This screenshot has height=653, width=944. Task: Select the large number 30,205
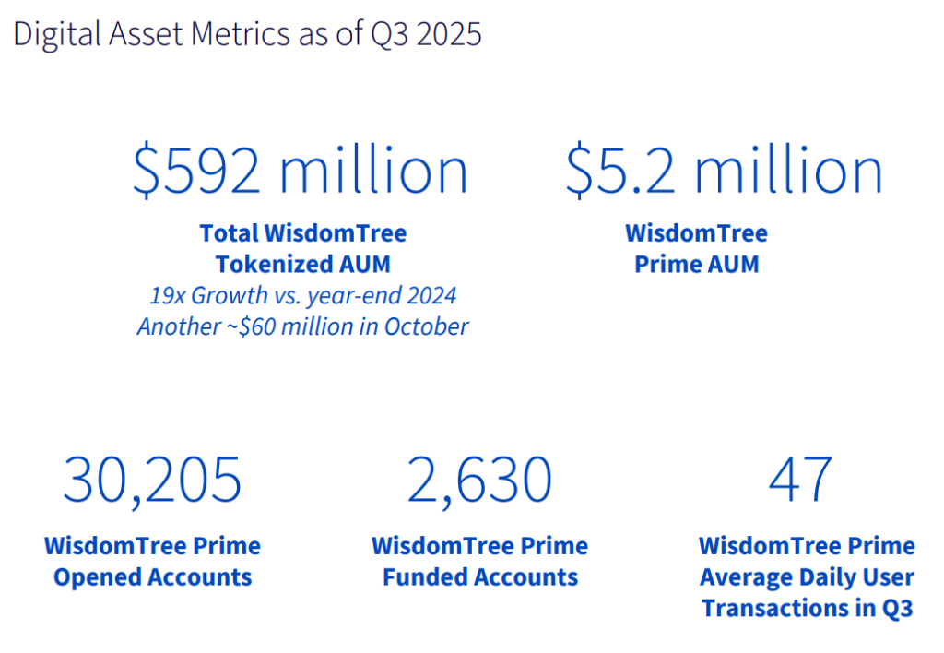pyautogui.click(x=152, y=478)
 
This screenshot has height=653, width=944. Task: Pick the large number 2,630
pyautogui.click(x=479, y=478)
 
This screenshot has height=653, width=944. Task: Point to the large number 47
pyautogui.click(x=800, y=478)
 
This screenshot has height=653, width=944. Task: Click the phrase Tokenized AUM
pyautogui.click(x=302, y=265)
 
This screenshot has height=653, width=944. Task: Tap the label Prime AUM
pyautogui.click(x=696, y=265)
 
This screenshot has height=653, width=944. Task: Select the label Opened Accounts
pyautogui.click(x=152, y=577)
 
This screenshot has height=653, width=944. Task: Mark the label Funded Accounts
pyautogui.click(x=480, y=577)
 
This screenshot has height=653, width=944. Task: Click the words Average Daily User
pyautogui.click(x=807, y=577)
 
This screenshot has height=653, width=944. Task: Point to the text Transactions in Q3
pyautogui.click(x=807, y=608)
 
